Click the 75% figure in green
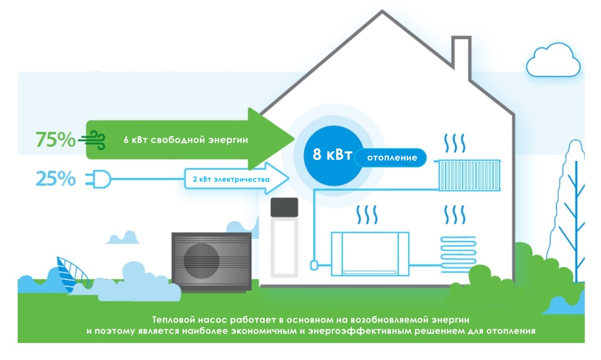(55, 140)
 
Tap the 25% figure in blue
(55, 179)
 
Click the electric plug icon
(98, 179)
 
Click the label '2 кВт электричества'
(231, 179)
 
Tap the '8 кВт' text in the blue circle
(332, 154)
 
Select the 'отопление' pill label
(392, 157)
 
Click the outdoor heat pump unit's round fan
(202, 261)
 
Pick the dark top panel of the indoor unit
(284, 206)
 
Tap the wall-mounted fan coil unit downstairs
(370, 253)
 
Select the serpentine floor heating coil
(458, 252)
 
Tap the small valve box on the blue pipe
(314, 265)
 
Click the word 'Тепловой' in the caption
(170, 319)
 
